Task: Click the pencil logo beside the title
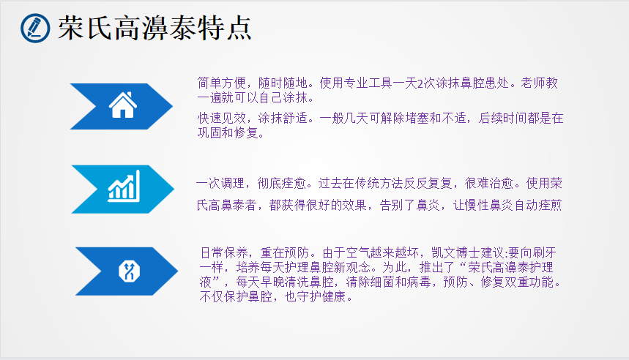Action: (x=35, y=28)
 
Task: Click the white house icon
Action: (x=123, y=105)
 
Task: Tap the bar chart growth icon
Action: (x=124, y=186)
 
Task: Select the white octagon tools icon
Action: (x=129, y=271)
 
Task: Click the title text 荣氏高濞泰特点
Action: (x=155, y=28)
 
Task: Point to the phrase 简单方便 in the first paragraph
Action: (x=221, y=83)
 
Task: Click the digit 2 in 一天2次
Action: (x=420, y=83)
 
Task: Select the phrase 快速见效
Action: (x=222, y=118)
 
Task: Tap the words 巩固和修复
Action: (x=228, y=132)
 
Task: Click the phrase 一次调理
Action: (x=220, y=184)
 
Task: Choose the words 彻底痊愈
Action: (x=281, y=184)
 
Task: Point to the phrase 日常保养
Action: (x=224, y=253)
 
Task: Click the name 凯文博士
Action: (x=455, y=253)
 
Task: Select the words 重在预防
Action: (x=285, y=253)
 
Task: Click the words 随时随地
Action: (x=283, y=83)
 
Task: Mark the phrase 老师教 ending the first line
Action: (x=539, y=83)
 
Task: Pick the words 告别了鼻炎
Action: (x=409, y=206)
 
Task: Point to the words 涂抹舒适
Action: (x=283, y=118)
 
